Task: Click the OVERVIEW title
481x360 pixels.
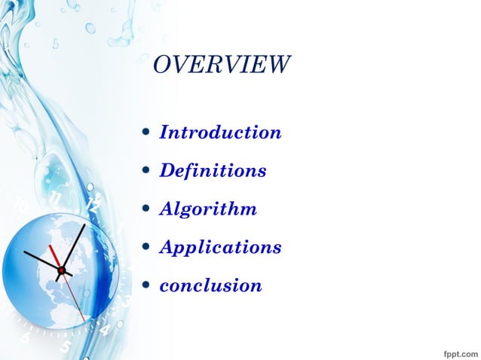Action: pyautogui.click(x=221, y=65)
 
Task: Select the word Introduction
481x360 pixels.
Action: pyautogui.click(x=220, y=133)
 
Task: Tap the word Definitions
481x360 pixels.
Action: pyautogui.click(x=213, y=171)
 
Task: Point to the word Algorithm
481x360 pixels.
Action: pyautogui.click(x=208, y=209)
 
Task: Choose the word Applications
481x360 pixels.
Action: pyautogui.click(x=220, y=247)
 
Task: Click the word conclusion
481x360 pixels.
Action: pyautogui.click(x=210, y=285)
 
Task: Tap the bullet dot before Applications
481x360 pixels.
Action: pyautogui.click(x=146, y=248)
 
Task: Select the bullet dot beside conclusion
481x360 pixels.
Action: pyautogui.click(x=146, y=286)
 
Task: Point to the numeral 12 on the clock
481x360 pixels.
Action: pyautogui.click(x=93, y=204)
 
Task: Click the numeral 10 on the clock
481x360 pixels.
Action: pyautogui.click(x=22, y=206)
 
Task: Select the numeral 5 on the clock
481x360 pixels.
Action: pyautogui.click(x=66, y=347)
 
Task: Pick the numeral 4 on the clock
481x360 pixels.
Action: pyautogui.click(x=104, y=329)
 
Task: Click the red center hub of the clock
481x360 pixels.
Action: pyautogui.click(x=62, y=269)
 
